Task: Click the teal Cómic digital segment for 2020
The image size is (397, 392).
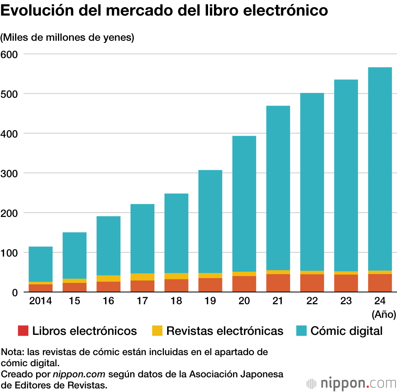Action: click(x=244, y=204)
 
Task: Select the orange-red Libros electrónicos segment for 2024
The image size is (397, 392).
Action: click(x=380, y=283)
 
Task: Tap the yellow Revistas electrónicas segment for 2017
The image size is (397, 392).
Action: click(x=142, y=277)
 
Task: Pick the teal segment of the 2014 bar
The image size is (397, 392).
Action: click(x=40, y=264)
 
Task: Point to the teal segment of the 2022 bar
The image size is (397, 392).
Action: click(x=312, y=182)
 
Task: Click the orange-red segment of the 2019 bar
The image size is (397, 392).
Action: click(x=210, y=285)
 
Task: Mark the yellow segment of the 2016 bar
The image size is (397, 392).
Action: click(x=108, y=279)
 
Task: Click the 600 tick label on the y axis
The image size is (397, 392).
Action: click(x=9, y=54)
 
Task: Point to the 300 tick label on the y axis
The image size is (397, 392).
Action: click(x=9, y=174)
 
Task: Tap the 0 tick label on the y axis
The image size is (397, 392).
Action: click(x=15, y=293)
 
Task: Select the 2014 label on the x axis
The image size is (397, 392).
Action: click(x=40, y=301)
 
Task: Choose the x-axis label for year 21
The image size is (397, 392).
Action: click(x=278, y=301)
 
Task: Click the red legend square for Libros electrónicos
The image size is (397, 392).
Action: click(x=23, y=331)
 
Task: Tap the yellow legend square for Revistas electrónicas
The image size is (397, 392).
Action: click(x=157, y=331)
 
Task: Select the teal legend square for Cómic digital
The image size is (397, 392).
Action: click(x=301, y=331)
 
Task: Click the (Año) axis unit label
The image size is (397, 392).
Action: click(x=384, y=314)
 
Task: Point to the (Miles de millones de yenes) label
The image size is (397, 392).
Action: click(x=67, y=37)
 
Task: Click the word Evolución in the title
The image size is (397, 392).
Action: click(x=37, y=10)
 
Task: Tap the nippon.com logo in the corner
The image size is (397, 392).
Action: click(x=351, y=383)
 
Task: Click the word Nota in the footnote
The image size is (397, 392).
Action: click(x=12, y=352)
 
